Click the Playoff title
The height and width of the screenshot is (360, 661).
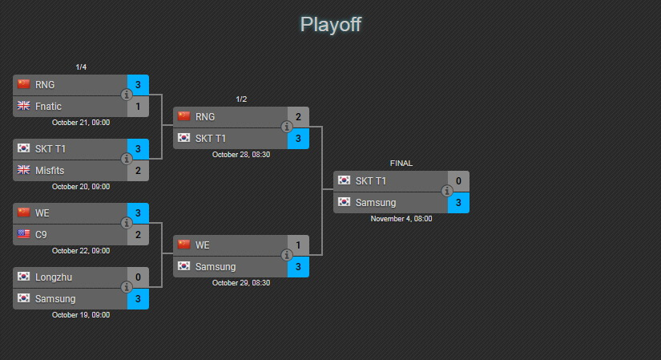tap(330, 25)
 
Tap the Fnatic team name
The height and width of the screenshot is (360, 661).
tap(48, 107)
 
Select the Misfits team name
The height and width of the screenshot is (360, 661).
tap(50, 171)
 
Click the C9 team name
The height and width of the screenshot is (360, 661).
tap(41, 235)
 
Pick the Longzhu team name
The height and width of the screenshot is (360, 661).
tap(54, 277)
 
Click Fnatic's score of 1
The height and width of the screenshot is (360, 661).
tap(138, 107)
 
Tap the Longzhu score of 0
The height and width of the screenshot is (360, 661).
tap(138, 277)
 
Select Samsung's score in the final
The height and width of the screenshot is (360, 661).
tap(458, 203)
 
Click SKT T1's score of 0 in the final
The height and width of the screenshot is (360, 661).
tap(458, 181)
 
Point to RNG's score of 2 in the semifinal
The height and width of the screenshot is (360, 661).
tap(298, 117)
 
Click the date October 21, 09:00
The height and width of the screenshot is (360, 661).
tap(81, 123)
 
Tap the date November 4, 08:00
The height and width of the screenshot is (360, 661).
tap(401, 219)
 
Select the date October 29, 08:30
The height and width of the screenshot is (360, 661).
tap(241, 283)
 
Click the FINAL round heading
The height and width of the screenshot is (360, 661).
tap(401, 164)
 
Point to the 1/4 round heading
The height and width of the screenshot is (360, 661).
tap(81, 67)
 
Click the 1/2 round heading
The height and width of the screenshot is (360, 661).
tap(241, 99)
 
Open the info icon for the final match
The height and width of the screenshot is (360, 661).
tap(447, 191)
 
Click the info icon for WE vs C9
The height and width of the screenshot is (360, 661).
tap(127, 223)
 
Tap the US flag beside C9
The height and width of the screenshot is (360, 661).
tap(23, 234)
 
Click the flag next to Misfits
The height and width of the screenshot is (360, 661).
tap(23, 170)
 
